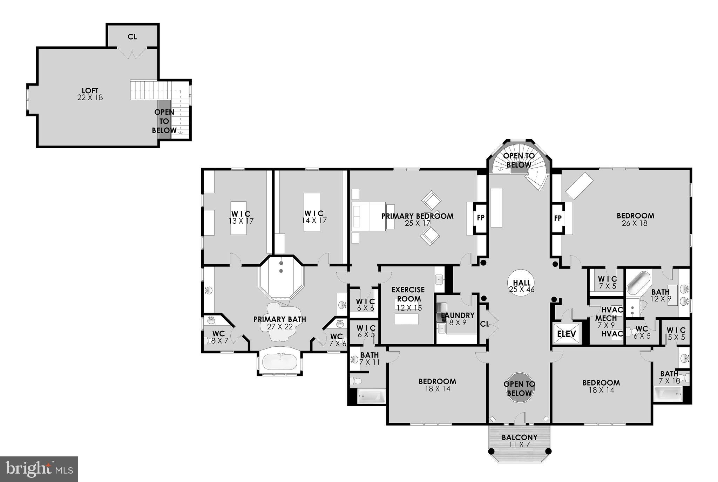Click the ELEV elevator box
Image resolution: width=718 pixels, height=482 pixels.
tap(566, 334)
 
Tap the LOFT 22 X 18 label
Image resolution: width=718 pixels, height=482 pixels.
tap(90, 94)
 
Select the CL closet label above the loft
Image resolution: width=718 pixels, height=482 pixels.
tap(132, 37)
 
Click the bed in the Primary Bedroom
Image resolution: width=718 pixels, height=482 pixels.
tap(368, 216)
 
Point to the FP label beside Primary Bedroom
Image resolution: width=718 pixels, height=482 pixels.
tap(481, 218)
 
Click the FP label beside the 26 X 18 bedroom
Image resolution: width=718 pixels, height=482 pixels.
tap(558, 218)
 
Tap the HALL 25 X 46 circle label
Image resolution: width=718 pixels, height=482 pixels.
tap(521, 286)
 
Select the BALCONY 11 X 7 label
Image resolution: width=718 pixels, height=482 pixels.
tap(520, 441)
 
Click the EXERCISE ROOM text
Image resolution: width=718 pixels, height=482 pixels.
tap(408, 294)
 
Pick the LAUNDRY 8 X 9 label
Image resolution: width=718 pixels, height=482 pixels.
tap(458, 318)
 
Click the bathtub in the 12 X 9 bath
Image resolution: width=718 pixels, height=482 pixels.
tap(638, 283)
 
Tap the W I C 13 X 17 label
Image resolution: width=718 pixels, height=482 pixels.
tap(241, 217)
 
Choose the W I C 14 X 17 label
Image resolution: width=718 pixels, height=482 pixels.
tap(314, 217)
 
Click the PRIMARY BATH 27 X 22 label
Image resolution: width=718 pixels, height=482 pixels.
tap(279, 323)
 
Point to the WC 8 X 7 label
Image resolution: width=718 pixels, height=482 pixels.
tap(219, 337)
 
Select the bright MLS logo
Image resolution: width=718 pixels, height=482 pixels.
tap(39, 469)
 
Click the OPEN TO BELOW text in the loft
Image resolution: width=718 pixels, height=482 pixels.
tap(164, 121)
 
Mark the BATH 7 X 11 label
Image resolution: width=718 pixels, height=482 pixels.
tap(370, 359)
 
